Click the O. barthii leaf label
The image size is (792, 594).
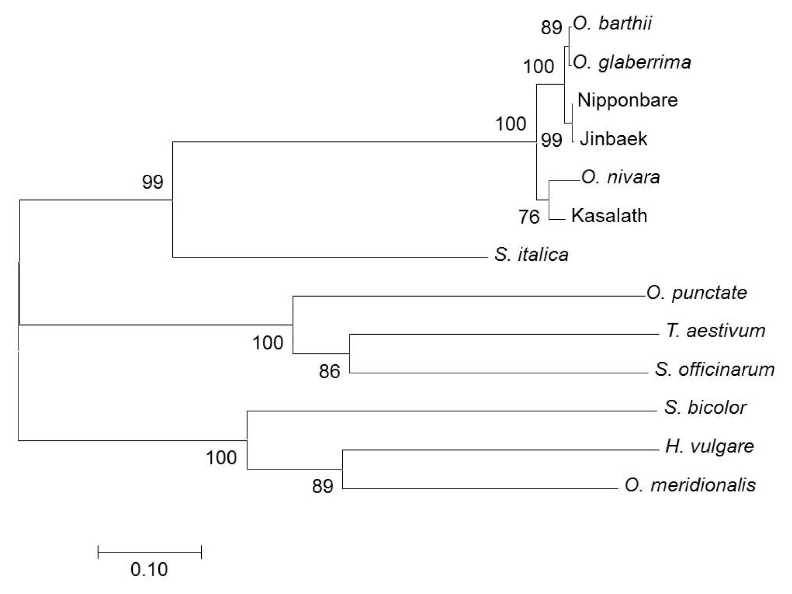tap(612, 24)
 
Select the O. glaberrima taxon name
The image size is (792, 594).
tap(632, 62)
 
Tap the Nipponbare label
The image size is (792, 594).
tap(627, 100)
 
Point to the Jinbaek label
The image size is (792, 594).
tap(613, 139)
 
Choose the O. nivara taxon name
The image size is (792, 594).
tap(621, 177)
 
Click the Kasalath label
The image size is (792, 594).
tap(610, 216)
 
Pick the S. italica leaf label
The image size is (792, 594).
tap(531, 255)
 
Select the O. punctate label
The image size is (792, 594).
tap(696, 293)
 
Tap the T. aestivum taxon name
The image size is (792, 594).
tap(716, 331)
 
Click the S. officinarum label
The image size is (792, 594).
tap(715, 369)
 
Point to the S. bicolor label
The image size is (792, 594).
tap(706, 408)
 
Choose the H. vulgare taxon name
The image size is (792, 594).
tap(710, 447)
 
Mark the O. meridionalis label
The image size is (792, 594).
tap(690, 485)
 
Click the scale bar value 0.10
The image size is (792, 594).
tap(149, 569)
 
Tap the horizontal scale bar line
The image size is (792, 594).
tap(150, 552)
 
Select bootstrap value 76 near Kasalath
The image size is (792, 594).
tap(529, 217)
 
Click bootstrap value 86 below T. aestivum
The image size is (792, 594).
tap(330, 372)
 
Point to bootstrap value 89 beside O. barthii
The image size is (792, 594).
tap(551, 28)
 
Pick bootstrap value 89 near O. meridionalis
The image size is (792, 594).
tap(322, 486)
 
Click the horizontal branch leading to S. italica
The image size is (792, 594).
tap(330, 257)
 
